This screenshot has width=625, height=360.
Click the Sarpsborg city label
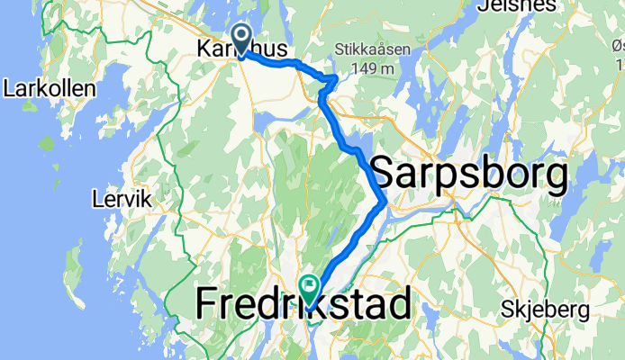pyautogui.click(x=469, y=173)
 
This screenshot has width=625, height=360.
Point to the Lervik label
pyautogui.click(x=123, y=197)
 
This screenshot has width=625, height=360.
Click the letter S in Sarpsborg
pyautogui.click(x=384, y=173)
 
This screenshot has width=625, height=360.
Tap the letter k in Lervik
pyautogui.click(x=147, y=197)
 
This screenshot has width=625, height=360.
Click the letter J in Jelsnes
pyautogui.click(x=463, y=5)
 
